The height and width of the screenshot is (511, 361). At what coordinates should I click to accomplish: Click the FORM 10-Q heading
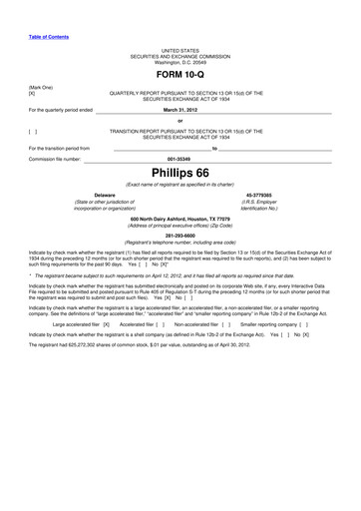click(180, 75)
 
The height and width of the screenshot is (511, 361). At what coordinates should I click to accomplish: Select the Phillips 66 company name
click(180, 171)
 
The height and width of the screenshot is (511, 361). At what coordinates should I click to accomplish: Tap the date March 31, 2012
click(180, 110)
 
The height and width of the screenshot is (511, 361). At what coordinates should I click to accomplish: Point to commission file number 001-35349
click(180, 157)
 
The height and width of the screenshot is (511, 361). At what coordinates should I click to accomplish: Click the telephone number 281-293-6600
click(180, 236)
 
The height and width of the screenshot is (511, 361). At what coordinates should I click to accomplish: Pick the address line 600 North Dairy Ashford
click(180, 218)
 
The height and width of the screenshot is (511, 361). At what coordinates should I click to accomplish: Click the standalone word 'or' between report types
click(180, 120)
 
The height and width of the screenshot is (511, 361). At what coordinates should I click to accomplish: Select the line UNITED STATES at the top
click(180, 49)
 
